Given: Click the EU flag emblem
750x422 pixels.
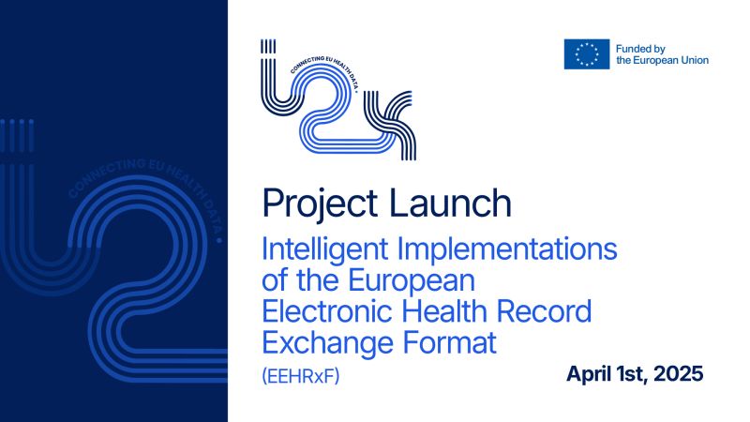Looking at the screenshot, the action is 587,54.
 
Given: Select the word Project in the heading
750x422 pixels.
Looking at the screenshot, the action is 320,203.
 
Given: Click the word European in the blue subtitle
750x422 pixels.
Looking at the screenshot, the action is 412,281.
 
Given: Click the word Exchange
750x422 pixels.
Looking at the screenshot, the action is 326,343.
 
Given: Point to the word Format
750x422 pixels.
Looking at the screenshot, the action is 450,342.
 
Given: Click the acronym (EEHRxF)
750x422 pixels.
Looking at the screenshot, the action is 301,376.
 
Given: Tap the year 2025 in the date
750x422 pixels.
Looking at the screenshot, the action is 678,373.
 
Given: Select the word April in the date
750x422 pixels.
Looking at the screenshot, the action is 585,374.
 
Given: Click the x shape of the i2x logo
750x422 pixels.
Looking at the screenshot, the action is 390,126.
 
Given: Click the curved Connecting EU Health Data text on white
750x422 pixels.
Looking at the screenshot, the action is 325,70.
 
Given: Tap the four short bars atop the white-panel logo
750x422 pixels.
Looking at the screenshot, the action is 268,46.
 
